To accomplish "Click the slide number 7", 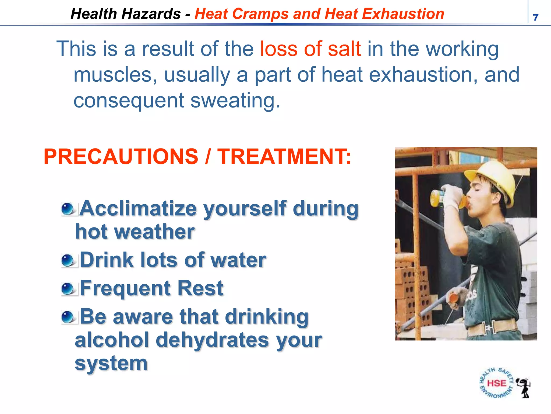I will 535,18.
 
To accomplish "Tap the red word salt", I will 344,49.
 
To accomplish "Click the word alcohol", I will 112,340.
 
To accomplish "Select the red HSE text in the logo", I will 496,383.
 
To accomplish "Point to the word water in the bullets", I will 238,260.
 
